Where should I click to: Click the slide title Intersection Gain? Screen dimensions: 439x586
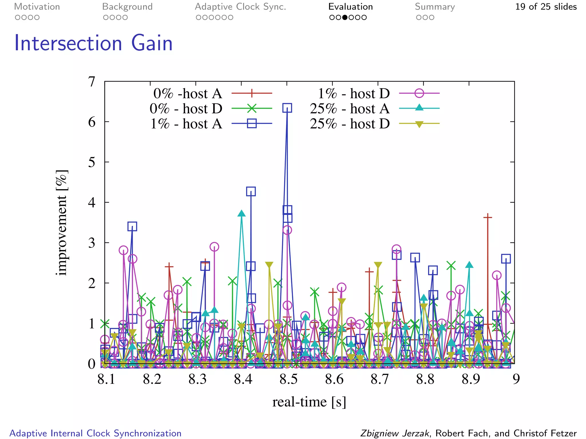pyautogui.click(x=93, y=43)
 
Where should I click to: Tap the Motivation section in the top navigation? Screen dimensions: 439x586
pyautogui.click(x=37, y=7)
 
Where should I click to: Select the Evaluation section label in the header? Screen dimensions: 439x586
pyautogui.click(x=351, y=7)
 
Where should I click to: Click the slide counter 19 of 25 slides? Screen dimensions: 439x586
pyautogui.click(x=546, y=7)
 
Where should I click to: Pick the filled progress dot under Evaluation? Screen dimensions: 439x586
pyautogui.click(x=345, y=17)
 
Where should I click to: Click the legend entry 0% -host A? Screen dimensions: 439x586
pyautogui.click(x=188, y=93)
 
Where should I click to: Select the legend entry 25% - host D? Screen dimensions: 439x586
pyautogui.click(x=350, y=124)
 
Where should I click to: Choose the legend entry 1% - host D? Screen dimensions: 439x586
pyautogui.click(x=354, y=93)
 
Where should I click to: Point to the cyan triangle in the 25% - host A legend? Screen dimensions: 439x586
pyautogui.click(x=419, y=108)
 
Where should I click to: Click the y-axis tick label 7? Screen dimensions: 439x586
pyautogui.click(x=92, y=82)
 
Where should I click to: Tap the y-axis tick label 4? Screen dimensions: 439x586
pyautogui.click(x=92, y=202)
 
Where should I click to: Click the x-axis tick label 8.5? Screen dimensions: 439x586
pyautogui.click(x=288, y=379)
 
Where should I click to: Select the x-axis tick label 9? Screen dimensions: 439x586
pyautogui.click(x=516, y=379)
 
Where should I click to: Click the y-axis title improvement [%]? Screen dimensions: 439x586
pyautogui.click(x=62, y=223)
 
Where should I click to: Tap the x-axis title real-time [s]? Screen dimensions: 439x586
pyautogui.click(x=309, y=402)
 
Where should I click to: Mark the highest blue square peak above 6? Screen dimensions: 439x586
pyautogui.click(x=287, y=108)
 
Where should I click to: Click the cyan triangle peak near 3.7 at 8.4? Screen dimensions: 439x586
pyautogui.click(x=241, y=213)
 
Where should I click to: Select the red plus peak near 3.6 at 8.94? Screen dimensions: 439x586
pyautogui.click(x=488, y=217)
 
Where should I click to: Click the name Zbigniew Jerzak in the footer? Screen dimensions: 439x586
pyautogui.click(x=395, y=433)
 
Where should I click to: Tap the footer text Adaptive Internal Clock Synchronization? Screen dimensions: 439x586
pyautogui.click(x=96, y=433)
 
